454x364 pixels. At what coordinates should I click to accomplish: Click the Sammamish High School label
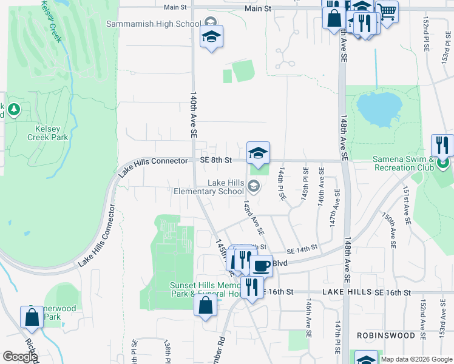tap(153, 24)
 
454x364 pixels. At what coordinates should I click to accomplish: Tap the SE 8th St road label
tap(216, 161)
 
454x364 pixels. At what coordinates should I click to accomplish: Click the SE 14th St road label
tap(302, 249)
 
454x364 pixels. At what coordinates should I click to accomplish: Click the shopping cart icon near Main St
tap(387, 11)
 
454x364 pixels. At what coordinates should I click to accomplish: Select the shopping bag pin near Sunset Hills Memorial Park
tap(205, 305)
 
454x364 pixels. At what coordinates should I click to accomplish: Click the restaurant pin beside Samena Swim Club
tap(442, 146)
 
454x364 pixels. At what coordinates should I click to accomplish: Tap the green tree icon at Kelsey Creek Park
tap(13, 110)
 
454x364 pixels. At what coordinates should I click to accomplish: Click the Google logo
tap(20, 357)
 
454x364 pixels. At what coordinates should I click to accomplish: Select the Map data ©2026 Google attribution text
tap(417, 359)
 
